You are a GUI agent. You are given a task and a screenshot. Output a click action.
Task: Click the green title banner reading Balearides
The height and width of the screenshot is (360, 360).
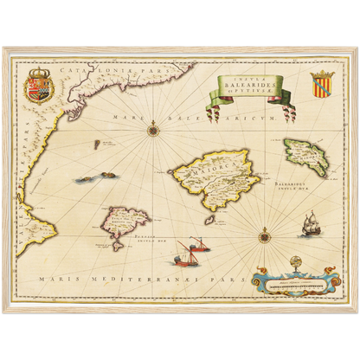pyautogui.click(x=252, y=90)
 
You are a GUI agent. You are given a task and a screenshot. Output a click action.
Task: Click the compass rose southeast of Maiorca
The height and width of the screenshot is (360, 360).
pyautogui.click(x=263, y=231)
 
